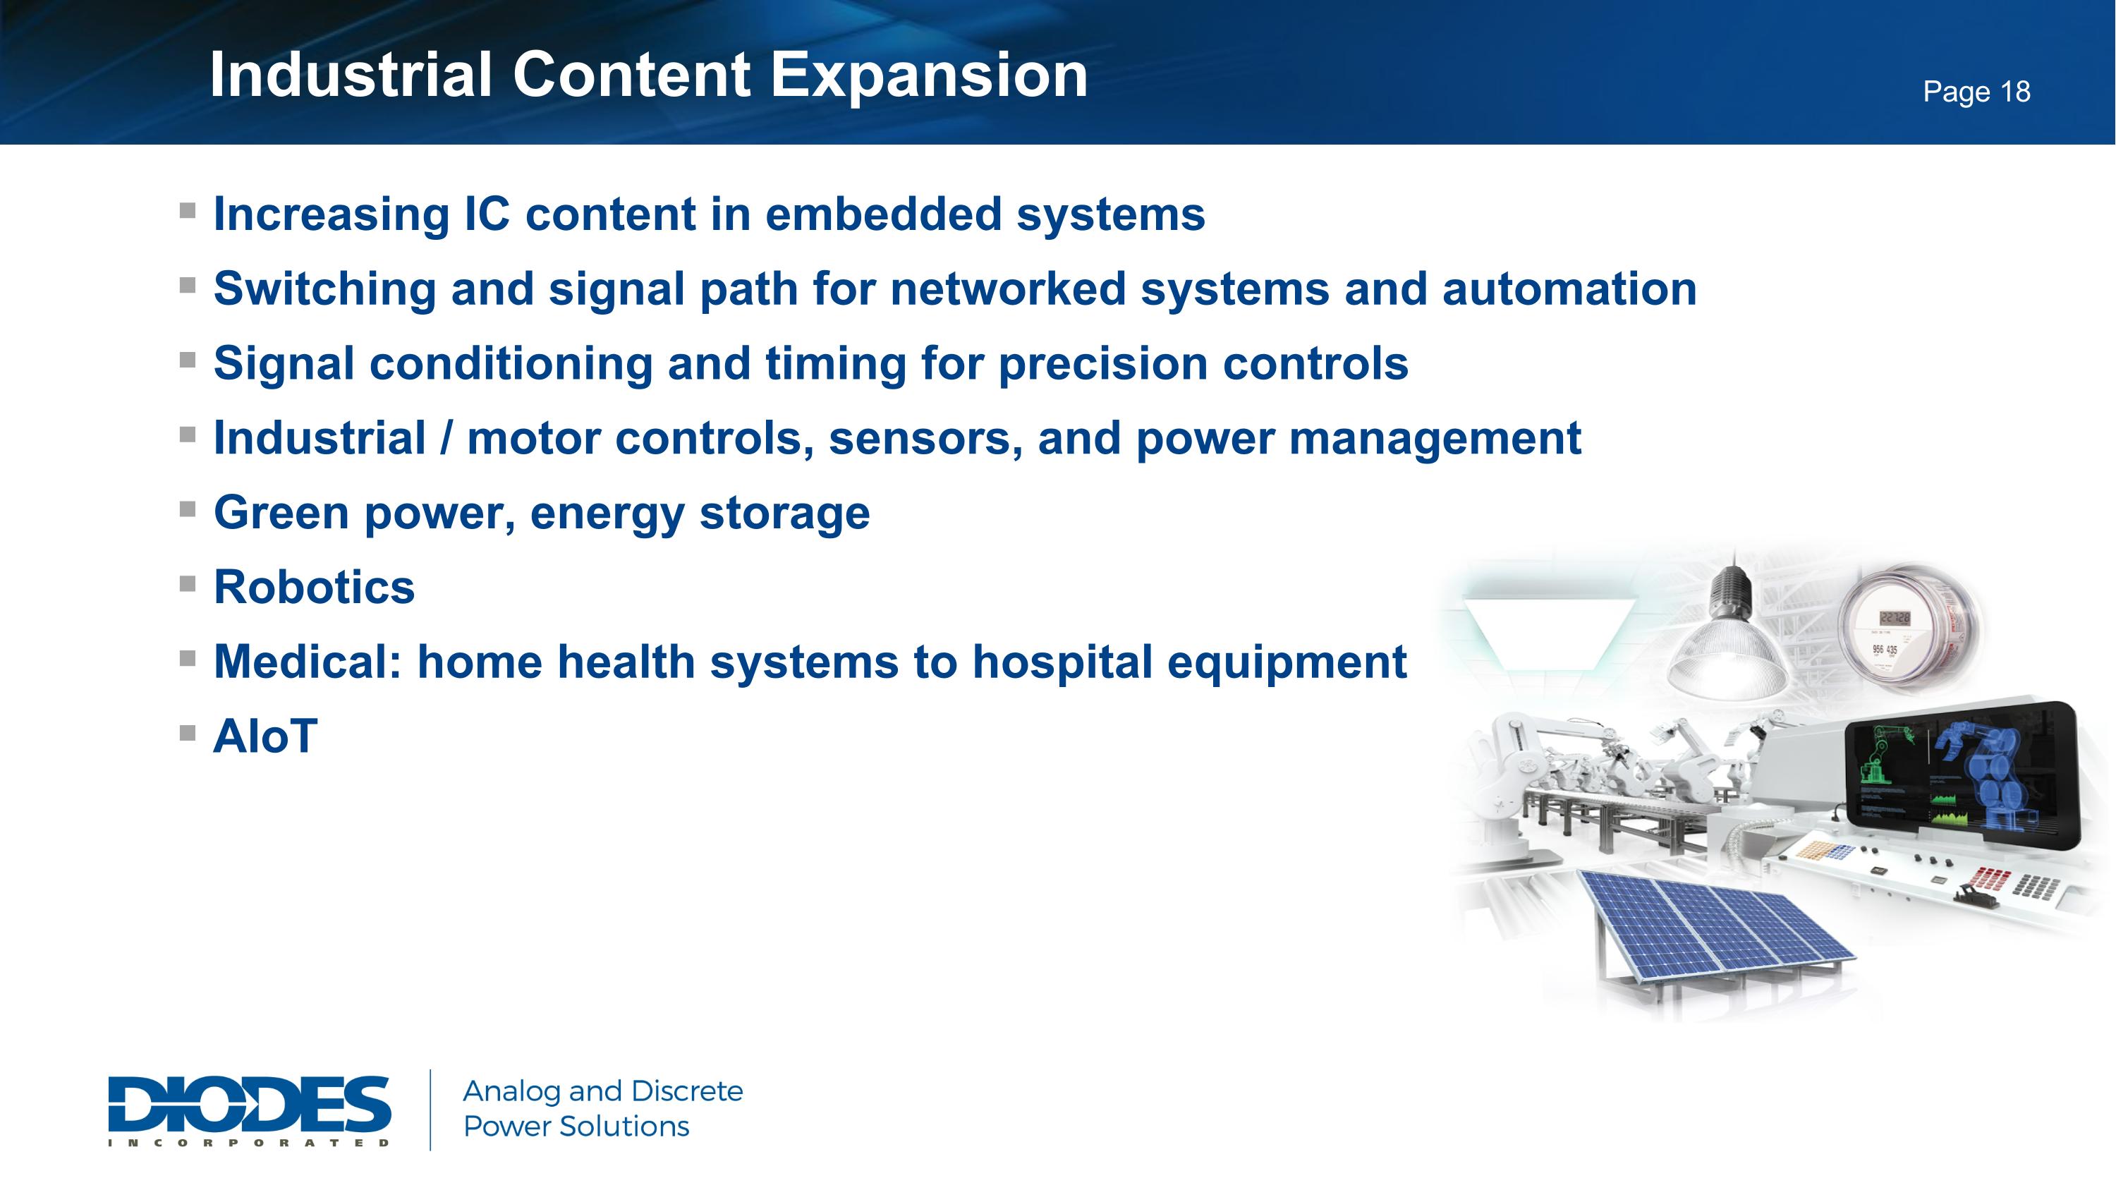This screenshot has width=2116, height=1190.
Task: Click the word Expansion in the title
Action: pyautogui.click(x=928, y=75)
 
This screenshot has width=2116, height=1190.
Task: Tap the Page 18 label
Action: pyautogui.click(x=1976, y=92)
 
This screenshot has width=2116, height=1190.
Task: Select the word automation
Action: pyautogui.click(x=1569, y=289)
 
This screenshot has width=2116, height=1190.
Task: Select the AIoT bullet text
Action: pyautogui.click(x=264, y=736)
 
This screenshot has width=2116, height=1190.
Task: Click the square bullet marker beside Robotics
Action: pyautogui.click(x=188, y=584)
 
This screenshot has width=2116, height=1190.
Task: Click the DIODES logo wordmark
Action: pyautogui.click(x=249, y=1105)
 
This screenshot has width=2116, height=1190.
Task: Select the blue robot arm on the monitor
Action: pyautogui.click(x=1988, y=772)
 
